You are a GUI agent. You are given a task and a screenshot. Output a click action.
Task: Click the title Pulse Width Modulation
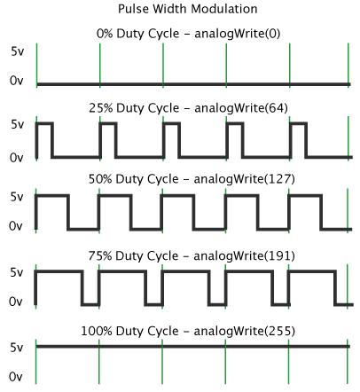(x=188, y=9)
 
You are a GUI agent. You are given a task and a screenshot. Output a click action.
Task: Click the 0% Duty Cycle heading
(x=137, y=34)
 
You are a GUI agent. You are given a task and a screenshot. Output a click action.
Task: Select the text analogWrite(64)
(x=241, y=108)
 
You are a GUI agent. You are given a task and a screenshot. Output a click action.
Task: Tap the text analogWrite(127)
(x=244, y=179)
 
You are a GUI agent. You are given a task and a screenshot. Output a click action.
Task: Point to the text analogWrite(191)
(x=244, y=256)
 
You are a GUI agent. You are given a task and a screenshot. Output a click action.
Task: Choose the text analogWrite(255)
(x=244, y=331)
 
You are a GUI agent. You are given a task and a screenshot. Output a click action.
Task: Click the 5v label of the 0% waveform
(x=18, y=51)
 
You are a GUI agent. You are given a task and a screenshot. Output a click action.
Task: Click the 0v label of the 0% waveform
(x=17, y=81)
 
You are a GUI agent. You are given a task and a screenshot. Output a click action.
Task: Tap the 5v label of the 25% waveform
(x=18, y=124)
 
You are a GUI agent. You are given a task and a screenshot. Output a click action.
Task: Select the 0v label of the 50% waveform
(x=16, y=226)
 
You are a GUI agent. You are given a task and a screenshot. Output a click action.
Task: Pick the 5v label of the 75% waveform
(x=17, y=272)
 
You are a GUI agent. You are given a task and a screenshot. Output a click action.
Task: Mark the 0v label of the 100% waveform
(x=16, y=377)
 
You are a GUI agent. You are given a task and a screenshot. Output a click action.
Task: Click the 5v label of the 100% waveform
(x=17, y=348)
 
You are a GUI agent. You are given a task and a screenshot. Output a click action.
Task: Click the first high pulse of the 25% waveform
(x=44, y=123)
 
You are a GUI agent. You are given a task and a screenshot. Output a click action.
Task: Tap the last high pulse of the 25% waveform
(x=299, y=123)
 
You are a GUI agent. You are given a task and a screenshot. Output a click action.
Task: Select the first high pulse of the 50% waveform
(x=52, y=195)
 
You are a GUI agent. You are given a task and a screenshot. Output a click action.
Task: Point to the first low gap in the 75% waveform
(x=90, y=304)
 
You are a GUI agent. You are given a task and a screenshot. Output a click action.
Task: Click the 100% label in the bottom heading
(x=97, y=331)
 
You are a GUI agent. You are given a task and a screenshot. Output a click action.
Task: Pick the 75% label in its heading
(x=100, y=256)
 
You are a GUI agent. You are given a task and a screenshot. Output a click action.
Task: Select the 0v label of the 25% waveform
(x=17, y=158)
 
